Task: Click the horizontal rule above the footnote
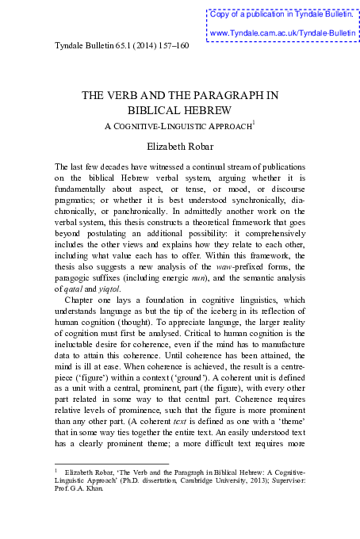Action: [x=111, y=464]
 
